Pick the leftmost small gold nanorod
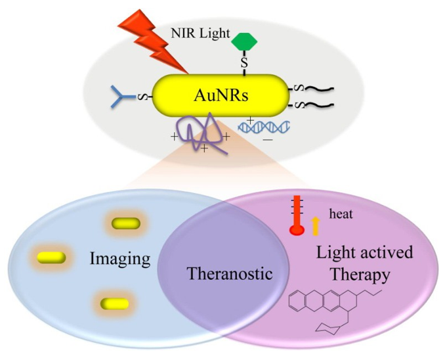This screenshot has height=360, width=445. point(51,256)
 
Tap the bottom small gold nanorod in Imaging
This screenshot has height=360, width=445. point(114,304)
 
